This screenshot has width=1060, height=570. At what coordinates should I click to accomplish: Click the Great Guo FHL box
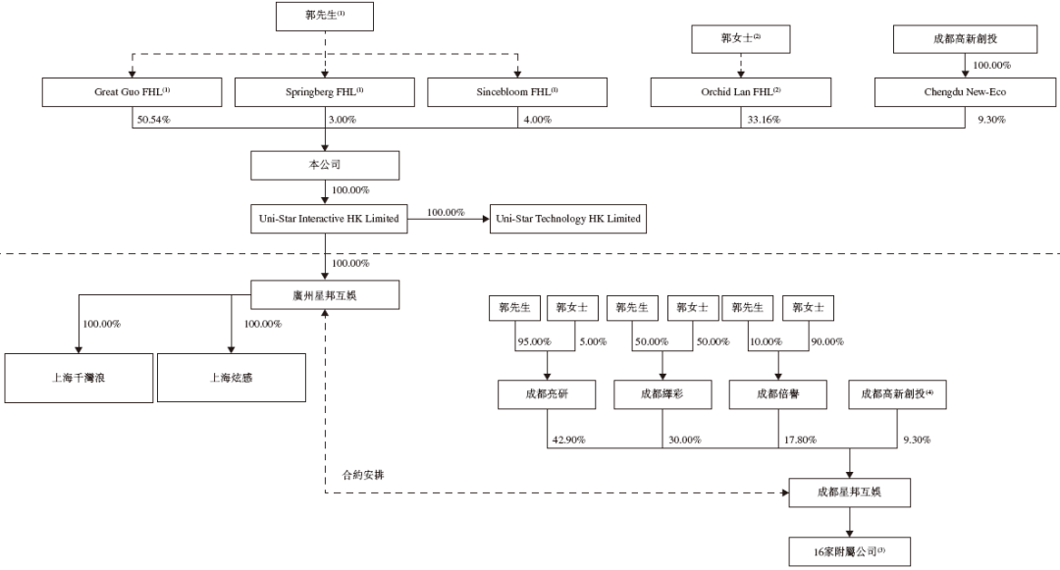[x=132, y=92]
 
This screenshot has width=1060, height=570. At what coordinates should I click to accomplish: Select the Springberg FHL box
[x=325, y=92]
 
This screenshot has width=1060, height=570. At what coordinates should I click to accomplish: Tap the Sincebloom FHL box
[x=517, y=92]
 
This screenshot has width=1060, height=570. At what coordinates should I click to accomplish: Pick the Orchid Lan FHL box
[x=741, y=92]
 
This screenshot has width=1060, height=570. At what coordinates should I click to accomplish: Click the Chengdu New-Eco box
[x=966, y=92]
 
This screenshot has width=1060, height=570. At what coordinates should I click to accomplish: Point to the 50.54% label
[x=153, y=120]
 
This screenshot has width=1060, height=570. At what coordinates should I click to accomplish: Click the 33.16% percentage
[x=764, y=120]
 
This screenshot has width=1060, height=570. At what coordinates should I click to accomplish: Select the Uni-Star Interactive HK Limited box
[x=329, y=219]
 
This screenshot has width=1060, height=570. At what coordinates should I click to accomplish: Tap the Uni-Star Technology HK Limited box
[x=568, y=219]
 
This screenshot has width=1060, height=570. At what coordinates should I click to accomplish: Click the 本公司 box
[x=325, y=165]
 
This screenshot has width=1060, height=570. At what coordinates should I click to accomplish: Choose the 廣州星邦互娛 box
[x=325, y=295]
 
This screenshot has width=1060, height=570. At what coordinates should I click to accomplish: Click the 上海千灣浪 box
[x=79, y=378]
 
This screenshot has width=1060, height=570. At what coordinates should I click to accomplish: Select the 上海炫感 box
[x=232, y=378]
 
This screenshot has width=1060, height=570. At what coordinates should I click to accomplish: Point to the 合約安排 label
[x=363, y=475]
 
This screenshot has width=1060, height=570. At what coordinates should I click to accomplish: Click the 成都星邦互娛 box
[x=850, y=492]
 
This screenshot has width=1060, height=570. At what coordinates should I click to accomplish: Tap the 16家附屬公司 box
[x=850, y=551]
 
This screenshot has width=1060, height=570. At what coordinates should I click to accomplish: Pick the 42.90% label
[x=568, y=440]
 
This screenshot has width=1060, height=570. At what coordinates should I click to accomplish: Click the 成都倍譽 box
[x=778, y=394]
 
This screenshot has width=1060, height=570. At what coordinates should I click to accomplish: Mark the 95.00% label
[x=534, y=341]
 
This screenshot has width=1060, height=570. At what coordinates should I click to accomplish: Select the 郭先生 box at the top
[x=325, y=17]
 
